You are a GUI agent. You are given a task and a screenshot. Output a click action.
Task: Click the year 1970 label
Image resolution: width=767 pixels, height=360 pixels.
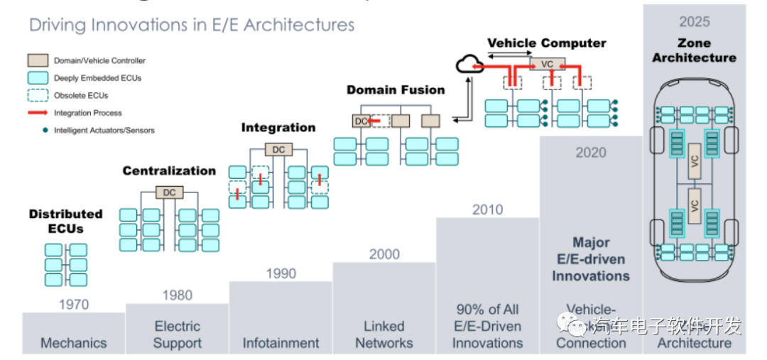pos(74,305)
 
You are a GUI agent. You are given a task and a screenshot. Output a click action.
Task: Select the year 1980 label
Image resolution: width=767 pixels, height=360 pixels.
pos(177,295)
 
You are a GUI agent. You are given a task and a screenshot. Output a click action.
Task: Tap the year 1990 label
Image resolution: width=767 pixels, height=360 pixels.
pos(281,273)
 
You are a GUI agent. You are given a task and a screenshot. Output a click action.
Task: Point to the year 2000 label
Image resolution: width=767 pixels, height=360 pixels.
pos(384,254)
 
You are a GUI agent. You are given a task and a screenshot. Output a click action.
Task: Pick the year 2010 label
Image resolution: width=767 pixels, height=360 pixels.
pos(487,209)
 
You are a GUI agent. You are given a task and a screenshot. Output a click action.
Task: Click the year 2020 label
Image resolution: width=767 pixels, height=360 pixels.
pos(591,153)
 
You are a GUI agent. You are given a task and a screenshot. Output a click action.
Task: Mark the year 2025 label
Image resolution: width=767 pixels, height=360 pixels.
pos(695,22)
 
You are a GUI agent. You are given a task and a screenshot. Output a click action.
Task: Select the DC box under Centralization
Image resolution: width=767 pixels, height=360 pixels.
pos(169,192)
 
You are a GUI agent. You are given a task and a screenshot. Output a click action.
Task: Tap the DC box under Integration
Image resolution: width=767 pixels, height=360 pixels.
pos(278,150)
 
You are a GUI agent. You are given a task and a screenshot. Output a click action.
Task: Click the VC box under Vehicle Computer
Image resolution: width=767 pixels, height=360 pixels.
pos(546,64)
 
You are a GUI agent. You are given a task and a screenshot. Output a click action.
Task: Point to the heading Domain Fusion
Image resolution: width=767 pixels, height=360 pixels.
pos(396,90)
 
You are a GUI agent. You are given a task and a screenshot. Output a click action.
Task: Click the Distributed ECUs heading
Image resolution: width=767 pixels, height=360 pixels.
pos(66,221)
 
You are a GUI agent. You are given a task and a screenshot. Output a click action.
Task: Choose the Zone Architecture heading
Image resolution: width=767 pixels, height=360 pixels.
pos(695,50)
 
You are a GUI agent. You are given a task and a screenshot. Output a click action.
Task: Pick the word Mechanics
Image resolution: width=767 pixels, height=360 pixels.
pos(74,343)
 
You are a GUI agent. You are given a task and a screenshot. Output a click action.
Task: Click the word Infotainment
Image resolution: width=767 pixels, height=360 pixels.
pos(281,343)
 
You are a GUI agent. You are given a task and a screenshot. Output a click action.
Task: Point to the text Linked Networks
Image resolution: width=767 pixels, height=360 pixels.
pos(384,334)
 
